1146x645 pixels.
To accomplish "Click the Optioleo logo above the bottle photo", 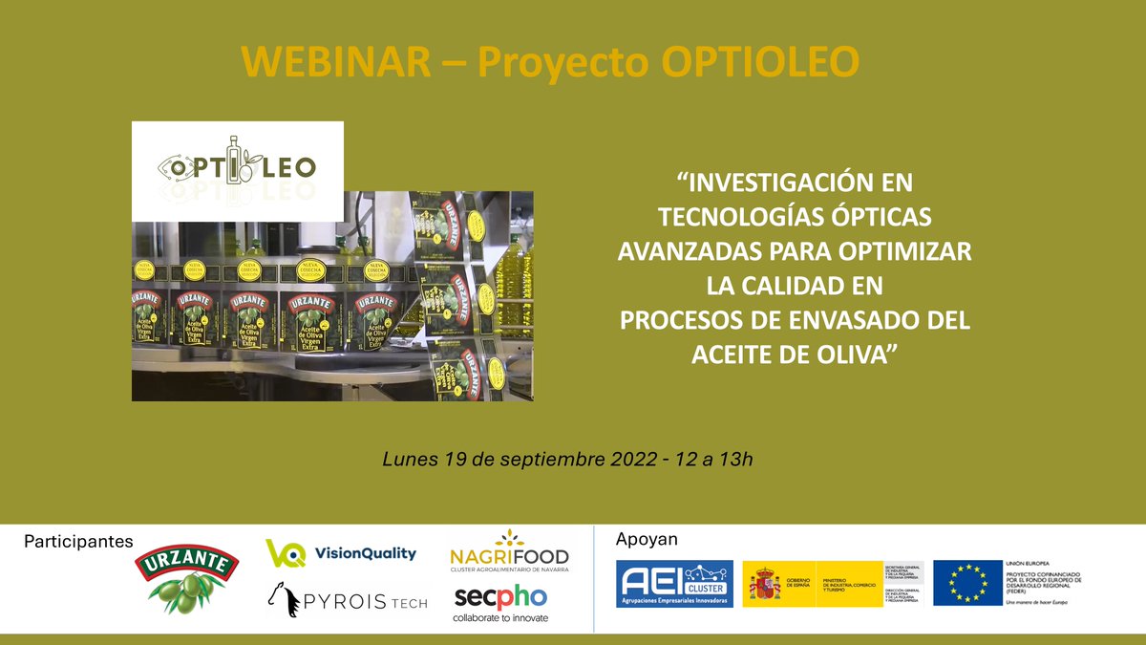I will tap(237, 169).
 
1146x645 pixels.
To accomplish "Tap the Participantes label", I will tap(78, 541).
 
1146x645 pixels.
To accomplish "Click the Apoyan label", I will tap(647, 539).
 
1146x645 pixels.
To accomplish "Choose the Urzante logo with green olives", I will tap(186, 578).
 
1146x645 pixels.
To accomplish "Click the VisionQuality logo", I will tap(341, 553).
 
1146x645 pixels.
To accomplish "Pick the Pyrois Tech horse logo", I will tap(346, 601).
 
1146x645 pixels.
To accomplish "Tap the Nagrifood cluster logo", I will tap(508, 551).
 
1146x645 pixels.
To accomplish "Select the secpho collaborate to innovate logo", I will tap(500, 602).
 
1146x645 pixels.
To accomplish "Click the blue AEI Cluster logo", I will tap(674, 584).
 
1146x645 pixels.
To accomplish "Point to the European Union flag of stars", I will tap(967, 583).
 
